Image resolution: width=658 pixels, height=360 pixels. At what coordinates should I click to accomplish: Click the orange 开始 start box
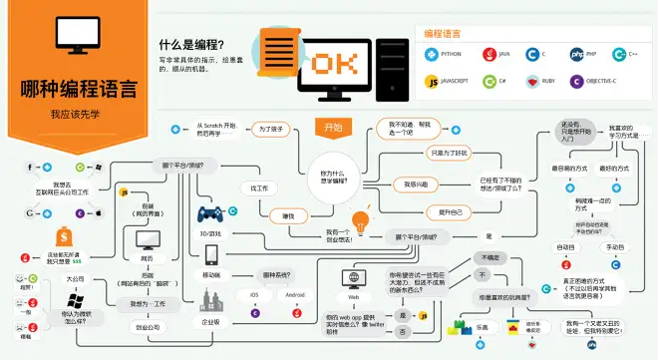333,127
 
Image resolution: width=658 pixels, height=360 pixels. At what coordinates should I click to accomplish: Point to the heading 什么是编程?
191,45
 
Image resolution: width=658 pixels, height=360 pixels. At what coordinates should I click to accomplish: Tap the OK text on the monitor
334,64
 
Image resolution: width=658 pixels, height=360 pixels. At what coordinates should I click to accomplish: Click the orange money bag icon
65,237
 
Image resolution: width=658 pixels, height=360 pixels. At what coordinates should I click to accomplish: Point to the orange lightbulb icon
360,218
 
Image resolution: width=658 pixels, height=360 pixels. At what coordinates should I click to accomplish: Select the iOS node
253,295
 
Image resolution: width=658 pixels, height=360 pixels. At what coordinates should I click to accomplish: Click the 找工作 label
259,187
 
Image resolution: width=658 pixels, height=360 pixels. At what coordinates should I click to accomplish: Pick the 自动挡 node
565,246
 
